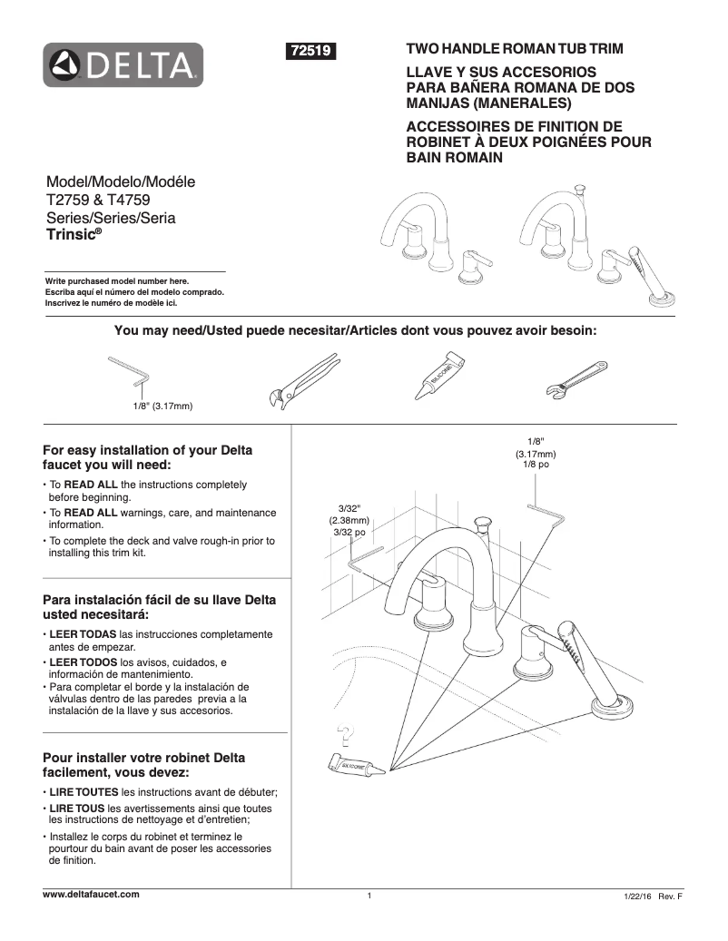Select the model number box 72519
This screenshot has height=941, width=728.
click(x=311, y=53)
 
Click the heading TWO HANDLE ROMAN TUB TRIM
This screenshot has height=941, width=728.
click(x=514, y=48)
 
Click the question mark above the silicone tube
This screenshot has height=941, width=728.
click(x=343, y=732)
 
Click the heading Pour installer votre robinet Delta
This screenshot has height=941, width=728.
click(x=144, y=765)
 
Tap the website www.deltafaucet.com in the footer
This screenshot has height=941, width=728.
click(x=92, y=894)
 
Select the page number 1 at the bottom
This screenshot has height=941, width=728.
click(x=369, y=897)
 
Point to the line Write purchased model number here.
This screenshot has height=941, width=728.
click(x=118, y=281)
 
